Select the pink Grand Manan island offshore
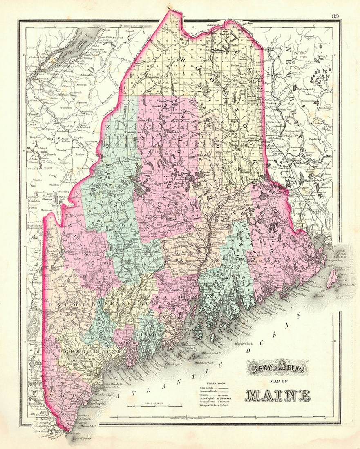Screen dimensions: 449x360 tap(332, 278)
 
